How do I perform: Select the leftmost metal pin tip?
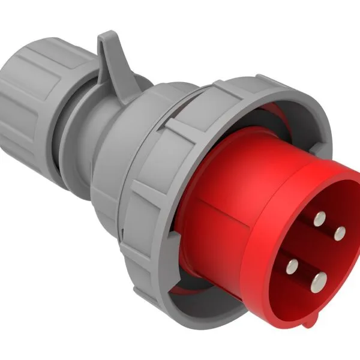[293, 268]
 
